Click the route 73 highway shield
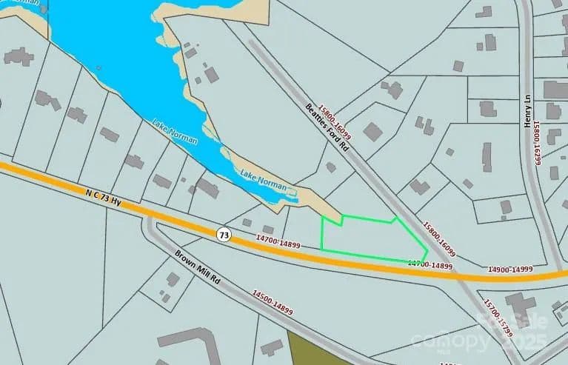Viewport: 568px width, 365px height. [x=223, y=234]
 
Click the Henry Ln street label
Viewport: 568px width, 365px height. [x=529, y=115]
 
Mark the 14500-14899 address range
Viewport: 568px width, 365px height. [x=273, y=302]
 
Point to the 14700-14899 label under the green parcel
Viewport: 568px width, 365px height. [x=429, y=264]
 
